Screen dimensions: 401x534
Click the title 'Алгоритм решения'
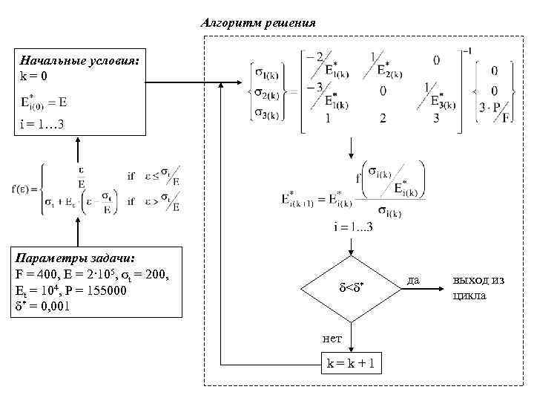258,23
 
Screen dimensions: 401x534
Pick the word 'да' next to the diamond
415,280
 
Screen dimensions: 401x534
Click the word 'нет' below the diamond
332,339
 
